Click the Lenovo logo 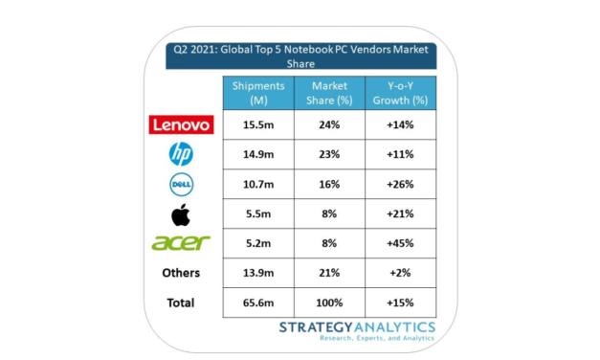click(181, 124)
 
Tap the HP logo click(180, 153)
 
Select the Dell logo click(181, 183)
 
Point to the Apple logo click(180, 213)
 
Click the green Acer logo click(180, 243)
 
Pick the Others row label click(180, 273)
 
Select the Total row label click(180, 303)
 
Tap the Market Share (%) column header click(328, 94)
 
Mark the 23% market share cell click(328, 154)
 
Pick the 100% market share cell click(328, 303)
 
